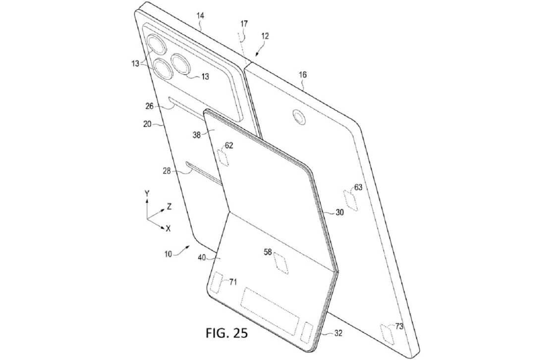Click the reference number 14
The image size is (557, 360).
(200, 15)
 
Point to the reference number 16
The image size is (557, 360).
(302, 75)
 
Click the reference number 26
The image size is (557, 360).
(150, 106)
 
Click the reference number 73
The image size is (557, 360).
(399, 326)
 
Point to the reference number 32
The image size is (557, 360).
(338, 334)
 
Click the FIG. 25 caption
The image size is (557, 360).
(226, 333)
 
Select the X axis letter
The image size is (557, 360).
(168, 229)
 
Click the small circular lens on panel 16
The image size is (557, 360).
(299, 117)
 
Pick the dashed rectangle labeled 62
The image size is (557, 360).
(224, 158)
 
